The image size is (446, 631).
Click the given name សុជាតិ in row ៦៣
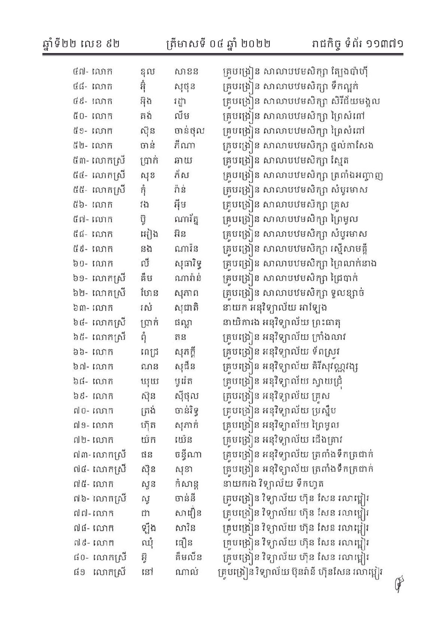click(186, 308)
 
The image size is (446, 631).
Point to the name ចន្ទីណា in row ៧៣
click(188, 455)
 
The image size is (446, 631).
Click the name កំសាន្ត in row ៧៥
click(186, 484)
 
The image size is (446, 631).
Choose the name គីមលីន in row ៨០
click(188, 558)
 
